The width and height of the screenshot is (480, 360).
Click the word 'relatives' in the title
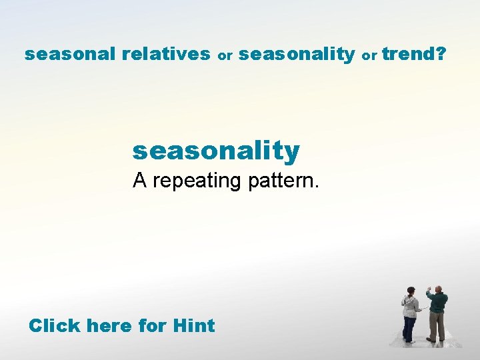click(x=166, y=54)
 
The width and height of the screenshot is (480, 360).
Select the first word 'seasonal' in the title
click(x=71, y=54)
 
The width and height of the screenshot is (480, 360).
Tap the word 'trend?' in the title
click(x=414, y=54)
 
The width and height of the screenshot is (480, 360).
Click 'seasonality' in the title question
click(x=296, y=54)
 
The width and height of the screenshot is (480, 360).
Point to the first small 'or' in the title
click(x=225, y=56)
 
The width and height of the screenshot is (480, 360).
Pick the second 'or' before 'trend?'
click(x=369, y=56)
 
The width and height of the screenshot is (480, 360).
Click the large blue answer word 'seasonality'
click(x=216, y=151)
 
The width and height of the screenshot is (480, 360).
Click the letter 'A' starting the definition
click(x=139, y=179)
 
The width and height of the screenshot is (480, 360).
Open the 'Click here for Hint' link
click(x=121, y=326)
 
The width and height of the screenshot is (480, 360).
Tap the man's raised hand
click(x=429, y=291)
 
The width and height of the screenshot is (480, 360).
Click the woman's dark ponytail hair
click(x=411, y=291)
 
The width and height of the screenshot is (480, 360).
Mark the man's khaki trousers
click(x=437, y=325)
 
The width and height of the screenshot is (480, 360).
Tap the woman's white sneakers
click(x=409, y=341)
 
